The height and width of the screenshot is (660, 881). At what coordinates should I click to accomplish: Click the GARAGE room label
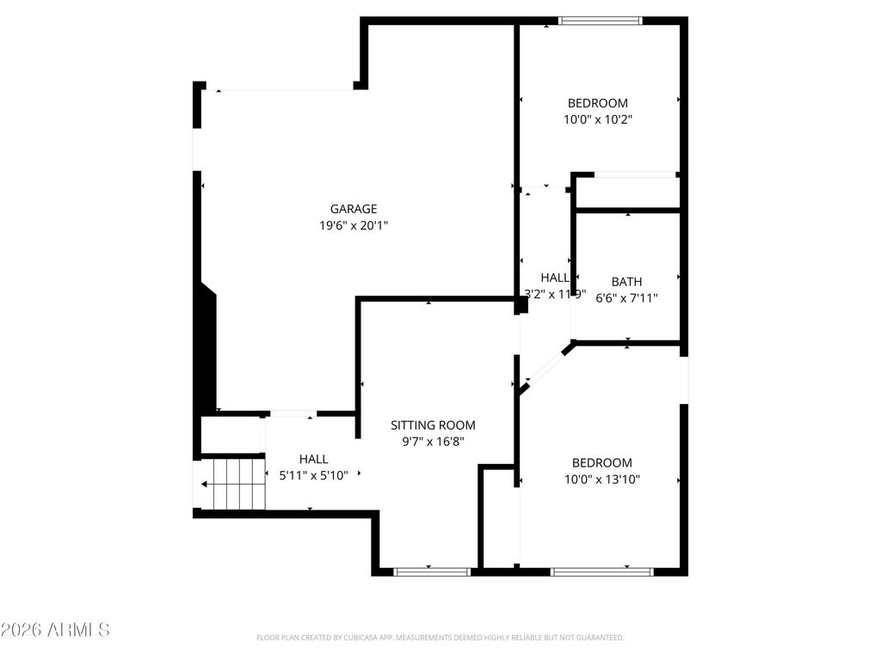(354, 209)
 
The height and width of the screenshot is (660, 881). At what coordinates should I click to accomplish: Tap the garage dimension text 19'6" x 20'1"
(354, 225)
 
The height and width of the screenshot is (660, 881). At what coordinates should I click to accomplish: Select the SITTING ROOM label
(433, 425)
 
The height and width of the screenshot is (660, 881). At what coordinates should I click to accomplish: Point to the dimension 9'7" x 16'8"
(433, 442)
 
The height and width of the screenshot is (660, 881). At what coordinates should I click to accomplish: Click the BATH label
(626, 282)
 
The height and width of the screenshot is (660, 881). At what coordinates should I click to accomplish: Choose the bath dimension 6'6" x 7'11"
(626, 298)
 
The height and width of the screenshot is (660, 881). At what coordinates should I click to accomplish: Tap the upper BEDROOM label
(598, 103)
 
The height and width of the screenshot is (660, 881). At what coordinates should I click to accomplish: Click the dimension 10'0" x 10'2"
(598, 120)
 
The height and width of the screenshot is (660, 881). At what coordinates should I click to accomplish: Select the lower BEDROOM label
(602, 462)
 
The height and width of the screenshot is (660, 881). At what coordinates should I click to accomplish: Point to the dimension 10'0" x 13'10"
(602, 480)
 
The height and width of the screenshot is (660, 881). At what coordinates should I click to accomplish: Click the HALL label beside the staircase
(313, 460)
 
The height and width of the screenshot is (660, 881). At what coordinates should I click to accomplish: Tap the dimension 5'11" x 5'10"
(313, 475)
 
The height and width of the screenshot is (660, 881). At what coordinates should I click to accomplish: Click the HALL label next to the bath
(555, 278)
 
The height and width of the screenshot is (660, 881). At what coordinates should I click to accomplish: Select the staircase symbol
(231, 484)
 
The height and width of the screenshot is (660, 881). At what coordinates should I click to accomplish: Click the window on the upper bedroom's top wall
(600, 21)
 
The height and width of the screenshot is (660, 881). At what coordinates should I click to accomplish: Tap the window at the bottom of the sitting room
(432, 571)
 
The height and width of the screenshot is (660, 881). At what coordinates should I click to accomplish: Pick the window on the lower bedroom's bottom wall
(601, 571)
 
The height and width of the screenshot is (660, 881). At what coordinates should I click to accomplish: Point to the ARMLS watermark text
(55, 630)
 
